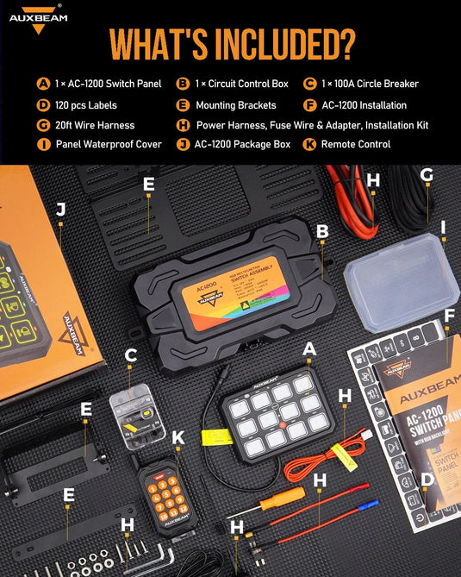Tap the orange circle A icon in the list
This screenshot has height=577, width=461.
(x=43, y=84)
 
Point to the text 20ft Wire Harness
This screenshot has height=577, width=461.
(x=95, y=125)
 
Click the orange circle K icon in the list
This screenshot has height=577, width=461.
(x=309, y=144)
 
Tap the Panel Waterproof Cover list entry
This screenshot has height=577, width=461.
(x=109, y=144)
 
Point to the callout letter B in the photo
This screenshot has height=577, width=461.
(x=322, y=231)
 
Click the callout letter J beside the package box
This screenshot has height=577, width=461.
(x=60, y=209)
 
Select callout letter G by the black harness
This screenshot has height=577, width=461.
(x=427, y=175)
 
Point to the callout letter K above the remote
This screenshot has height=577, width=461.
(x=178, y=437)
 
